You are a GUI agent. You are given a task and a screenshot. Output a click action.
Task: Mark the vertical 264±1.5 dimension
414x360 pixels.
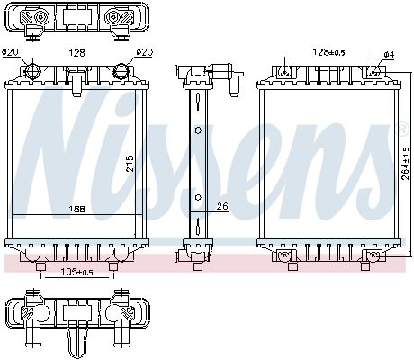click(406, 162)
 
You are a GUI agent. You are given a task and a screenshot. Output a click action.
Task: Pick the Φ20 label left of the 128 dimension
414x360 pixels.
click(10, 53)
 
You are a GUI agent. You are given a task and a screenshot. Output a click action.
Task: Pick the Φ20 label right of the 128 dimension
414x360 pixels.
click(144, 53)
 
